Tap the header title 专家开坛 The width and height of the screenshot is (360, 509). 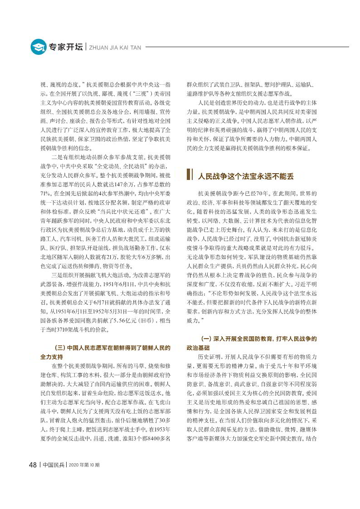tap(65, 47)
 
